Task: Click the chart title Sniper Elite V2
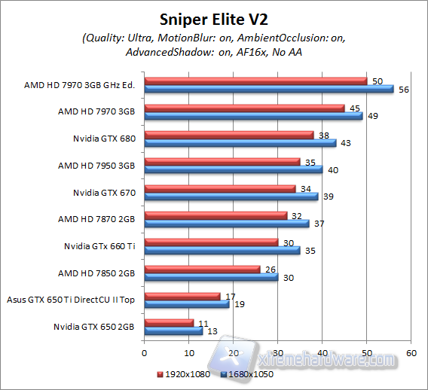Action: coord(214,18)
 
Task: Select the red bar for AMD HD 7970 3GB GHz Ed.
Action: coord(255,81)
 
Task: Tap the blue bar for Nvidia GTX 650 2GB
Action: coord(173,331)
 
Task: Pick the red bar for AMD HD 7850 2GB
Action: coord(201,269)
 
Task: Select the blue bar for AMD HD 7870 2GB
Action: coord(226,223)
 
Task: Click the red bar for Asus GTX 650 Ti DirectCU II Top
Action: coord(182,296)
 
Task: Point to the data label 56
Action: coord(404,90)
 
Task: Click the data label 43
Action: coord(346,143)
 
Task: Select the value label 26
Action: coord(270,267)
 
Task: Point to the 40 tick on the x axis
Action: coord(322,352)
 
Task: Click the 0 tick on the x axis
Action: coord(143,352)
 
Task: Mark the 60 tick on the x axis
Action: coord(411,352)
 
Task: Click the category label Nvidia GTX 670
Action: coord(104,193)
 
